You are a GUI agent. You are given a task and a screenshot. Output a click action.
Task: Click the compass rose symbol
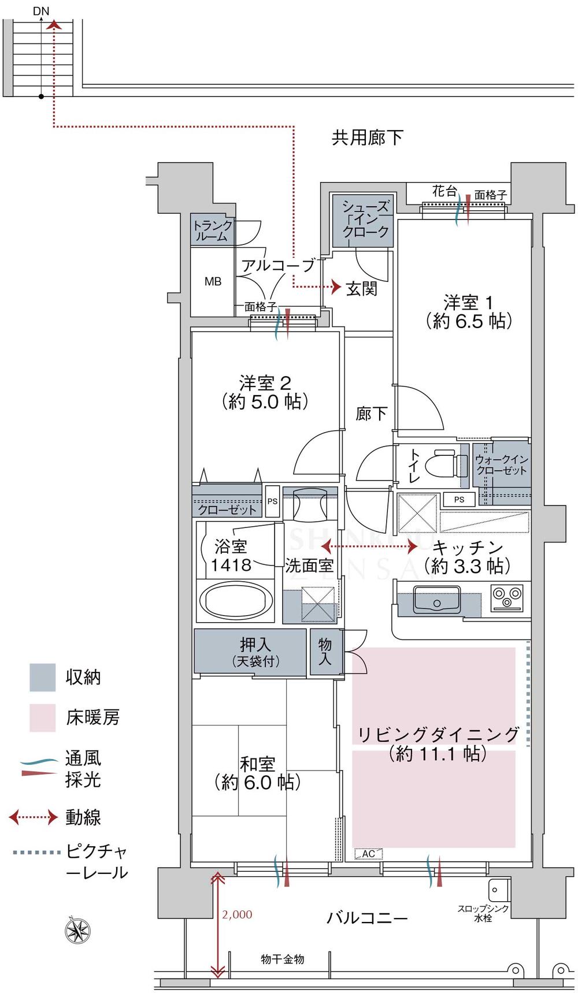click(x=77, y=931)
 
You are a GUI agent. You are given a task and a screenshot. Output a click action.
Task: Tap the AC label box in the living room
click(x=368, y=854)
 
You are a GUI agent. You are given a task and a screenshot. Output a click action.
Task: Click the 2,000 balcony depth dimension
click(x=237, y=914)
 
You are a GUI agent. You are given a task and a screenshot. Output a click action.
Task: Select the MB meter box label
click(x=213, y=282)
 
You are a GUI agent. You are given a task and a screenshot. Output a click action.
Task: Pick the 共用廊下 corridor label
click(x=367, y=137)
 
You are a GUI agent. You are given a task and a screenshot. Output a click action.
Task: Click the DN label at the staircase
click(x=42, y=10)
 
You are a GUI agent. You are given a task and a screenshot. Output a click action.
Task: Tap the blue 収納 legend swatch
click(x=43, y=677)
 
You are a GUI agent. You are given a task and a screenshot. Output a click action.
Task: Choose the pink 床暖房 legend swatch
click(x=43, y=717)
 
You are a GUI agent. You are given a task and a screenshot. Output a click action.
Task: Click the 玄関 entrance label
click(x=362, y=288)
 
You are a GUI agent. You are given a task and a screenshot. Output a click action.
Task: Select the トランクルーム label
click(x=213, y=230)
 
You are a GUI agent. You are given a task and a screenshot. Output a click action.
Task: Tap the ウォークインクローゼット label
click(x=501, y=465)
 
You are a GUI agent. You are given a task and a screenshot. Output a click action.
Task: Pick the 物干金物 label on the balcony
click(x=282, y=959)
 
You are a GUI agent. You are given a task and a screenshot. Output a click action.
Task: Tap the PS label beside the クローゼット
click(x=272, y=501)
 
